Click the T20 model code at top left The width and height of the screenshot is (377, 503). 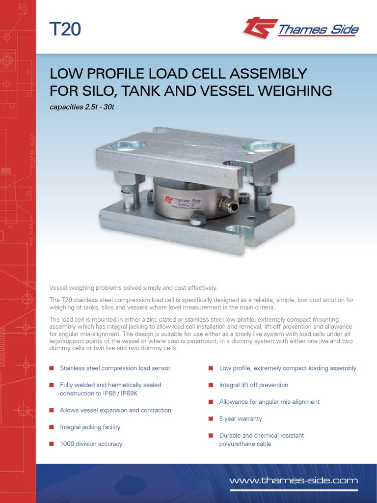(x=65, y=29)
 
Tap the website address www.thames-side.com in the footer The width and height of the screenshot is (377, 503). (x=294, y=480)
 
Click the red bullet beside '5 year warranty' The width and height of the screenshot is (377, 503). (x=210, y=419)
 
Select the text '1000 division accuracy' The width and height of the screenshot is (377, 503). (x=91, y=444)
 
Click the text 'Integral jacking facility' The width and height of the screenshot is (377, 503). (x=90, y=427)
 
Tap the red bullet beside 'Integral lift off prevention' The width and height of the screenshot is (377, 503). (x=210, y=385)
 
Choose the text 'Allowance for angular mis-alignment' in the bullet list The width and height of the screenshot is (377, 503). (x=269, y=402)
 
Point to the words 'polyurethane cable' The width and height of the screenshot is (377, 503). (x=245, y=444)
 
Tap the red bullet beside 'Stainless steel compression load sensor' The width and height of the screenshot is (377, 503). (x=51, y=368)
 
